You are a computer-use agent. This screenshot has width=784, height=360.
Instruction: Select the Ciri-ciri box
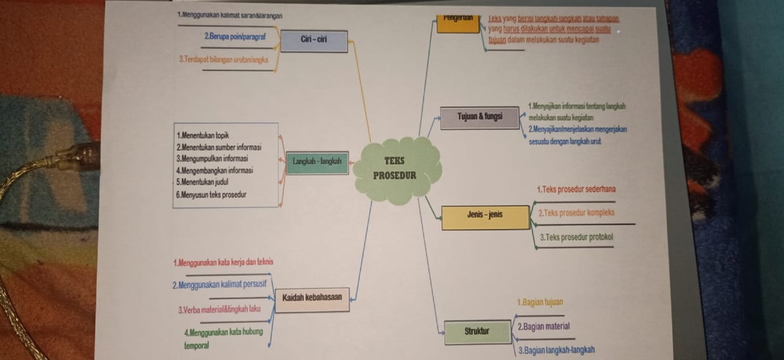tap(314, 40)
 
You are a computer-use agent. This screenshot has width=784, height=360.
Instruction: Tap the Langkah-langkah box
tap(318, 162)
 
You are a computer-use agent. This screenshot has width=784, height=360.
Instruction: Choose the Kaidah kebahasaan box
tap(312, 299)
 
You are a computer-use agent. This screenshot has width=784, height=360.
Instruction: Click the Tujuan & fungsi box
tap(480, 116)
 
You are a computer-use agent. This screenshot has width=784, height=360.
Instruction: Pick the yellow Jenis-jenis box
tap(485, 216)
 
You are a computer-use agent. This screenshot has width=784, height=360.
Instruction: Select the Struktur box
tap(476, 332)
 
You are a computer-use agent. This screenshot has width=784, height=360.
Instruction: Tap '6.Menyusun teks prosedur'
tap(212, 194)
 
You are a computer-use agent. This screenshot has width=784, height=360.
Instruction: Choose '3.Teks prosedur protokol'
tap(577, 238)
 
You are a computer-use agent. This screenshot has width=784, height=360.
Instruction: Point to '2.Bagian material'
tap(544, 326)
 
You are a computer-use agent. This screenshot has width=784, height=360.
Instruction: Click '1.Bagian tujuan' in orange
tap(540, 303)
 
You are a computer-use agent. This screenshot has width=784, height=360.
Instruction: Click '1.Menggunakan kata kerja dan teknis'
tap(223, 263)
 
